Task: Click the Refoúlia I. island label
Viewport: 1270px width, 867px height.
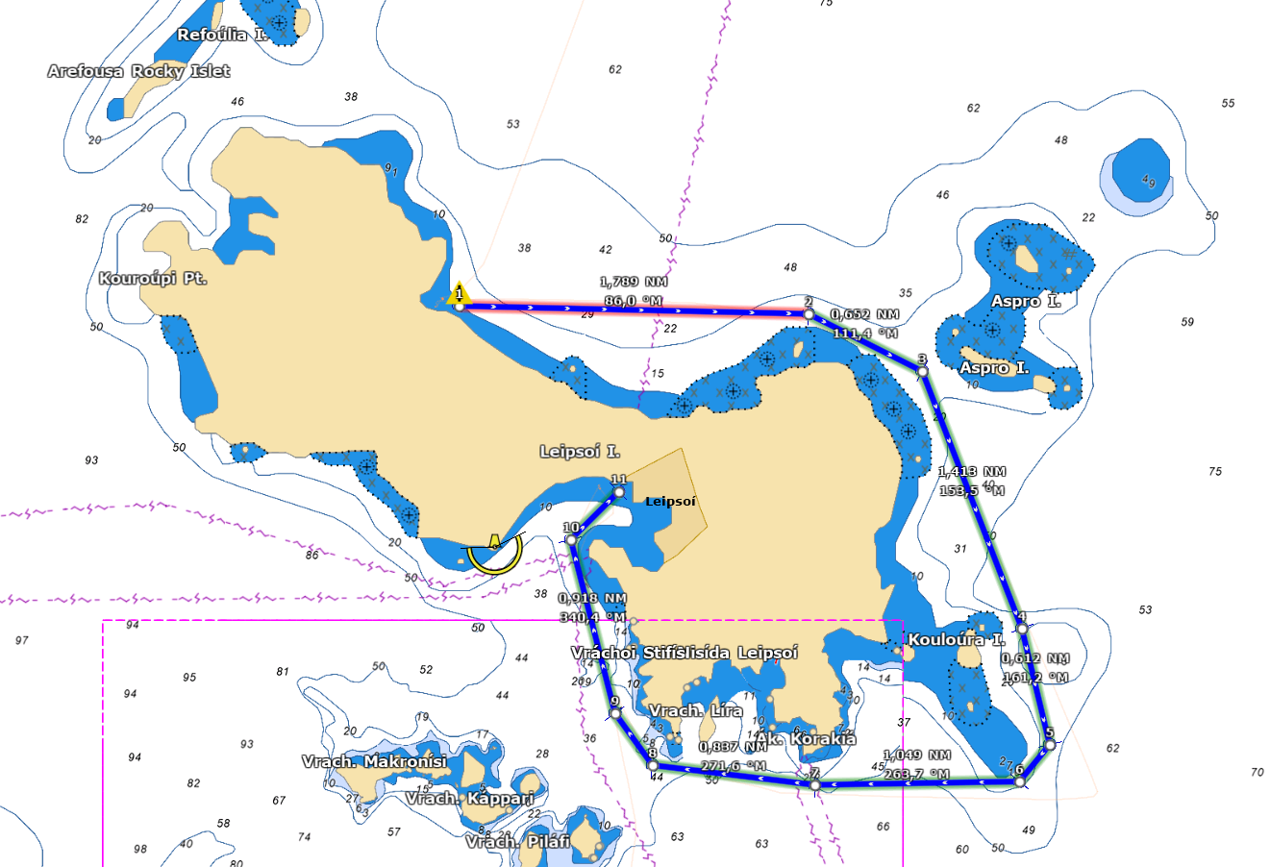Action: (222, 36)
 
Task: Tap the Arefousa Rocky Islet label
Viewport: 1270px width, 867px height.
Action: (138, 71)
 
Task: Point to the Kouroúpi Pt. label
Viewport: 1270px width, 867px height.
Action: (153, 279)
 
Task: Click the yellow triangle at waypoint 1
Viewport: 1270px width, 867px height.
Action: (459, 294)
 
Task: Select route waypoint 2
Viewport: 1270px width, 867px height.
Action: (809, 314)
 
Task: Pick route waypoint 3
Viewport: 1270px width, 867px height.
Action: (922, 371)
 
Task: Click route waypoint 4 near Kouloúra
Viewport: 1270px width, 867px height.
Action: (1022, 629)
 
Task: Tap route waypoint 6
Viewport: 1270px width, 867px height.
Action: (1019, 781)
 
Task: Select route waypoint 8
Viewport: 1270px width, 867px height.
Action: (653, 766)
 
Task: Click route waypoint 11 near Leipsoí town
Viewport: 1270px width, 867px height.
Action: (619, 492)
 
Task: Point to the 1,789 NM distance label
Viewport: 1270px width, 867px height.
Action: (634, 282)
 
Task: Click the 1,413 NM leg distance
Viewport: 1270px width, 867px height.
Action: (972, 471)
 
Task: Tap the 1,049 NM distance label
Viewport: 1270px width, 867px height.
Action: (917, 756)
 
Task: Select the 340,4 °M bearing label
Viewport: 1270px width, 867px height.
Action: (592, 617)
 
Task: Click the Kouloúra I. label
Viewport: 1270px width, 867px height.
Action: (957, 639)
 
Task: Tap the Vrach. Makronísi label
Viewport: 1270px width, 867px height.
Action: (374, 761)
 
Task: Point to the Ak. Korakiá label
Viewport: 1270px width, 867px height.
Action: (806, 739)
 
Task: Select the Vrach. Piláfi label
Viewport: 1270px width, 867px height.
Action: (517, 842)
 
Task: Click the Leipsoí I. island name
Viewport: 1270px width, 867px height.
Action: (580, 452)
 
